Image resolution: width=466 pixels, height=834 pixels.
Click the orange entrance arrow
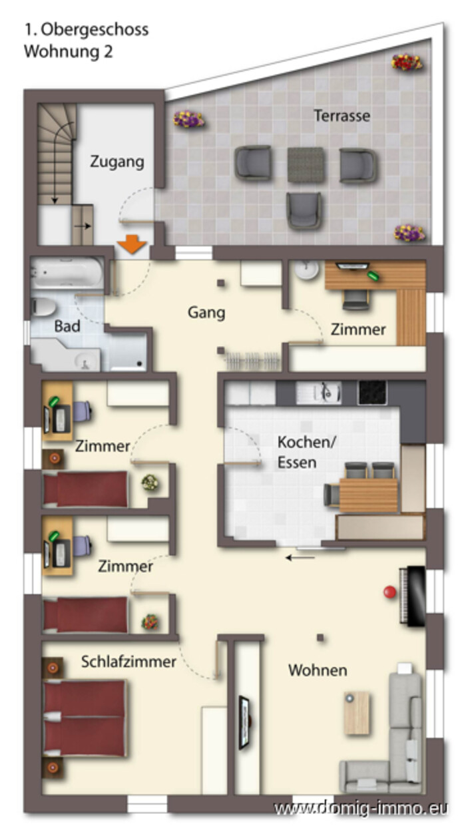coord(132,244)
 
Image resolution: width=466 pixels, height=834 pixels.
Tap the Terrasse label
coord(342,116)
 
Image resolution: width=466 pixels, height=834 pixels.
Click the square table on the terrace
coord(305,164)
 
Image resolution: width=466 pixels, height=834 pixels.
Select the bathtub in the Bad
coord(67,273)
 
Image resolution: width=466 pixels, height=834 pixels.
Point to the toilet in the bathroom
coord(43,307)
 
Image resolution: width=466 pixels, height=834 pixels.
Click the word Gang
coord(206,312)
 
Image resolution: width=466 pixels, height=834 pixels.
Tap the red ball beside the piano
coord(390,592)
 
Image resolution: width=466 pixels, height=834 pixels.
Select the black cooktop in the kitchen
coord(372,393)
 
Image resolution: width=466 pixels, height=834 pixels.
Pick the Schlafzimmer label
coord(128,662)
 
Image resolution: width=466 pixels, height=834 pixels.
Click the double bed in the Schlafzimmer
coord(85,719)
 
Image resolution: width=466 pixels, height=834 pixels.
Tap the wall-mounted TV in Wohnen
coord(245,722)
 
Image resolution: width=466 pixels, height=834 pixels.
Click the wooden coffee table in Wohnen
coord(357,713)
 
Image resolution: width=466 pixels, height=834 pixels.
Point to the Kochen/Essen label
coord(307,452)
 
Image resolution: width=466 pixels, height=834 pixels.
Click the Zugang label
coord(117,162)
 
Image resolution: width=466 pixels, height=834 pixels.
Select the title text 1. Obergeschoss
coord(87,30)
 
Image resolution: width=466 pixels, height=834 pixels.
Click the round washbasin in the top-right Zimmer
coord(308,270)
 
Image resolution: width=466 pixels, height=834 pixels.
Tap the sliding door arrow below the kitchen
coord(300,557)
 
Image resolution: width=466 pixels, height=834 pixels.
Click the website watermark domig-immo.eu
coord(360,808)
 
